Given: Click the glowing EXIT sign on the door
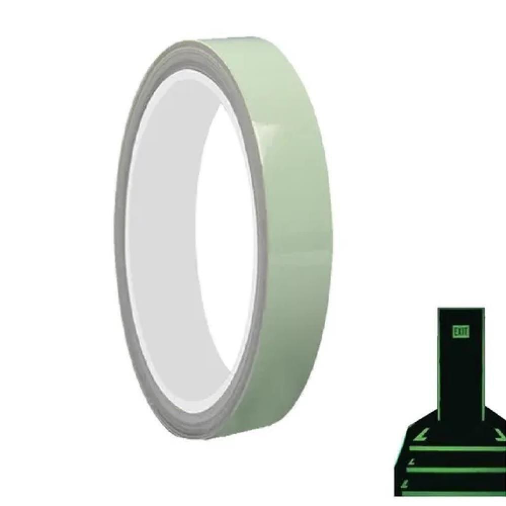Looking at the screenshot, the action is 461,331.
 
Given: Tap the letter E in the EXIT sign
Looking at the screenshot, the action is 456,331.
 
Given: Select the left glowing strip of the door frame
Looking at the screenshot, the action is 439,365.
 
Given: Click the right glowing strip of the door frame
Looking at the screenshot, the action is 483,365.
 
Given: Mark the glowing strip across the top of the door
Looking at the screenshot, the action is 461,309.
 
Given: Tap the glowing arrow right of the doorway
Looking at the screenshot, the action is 500,436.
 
